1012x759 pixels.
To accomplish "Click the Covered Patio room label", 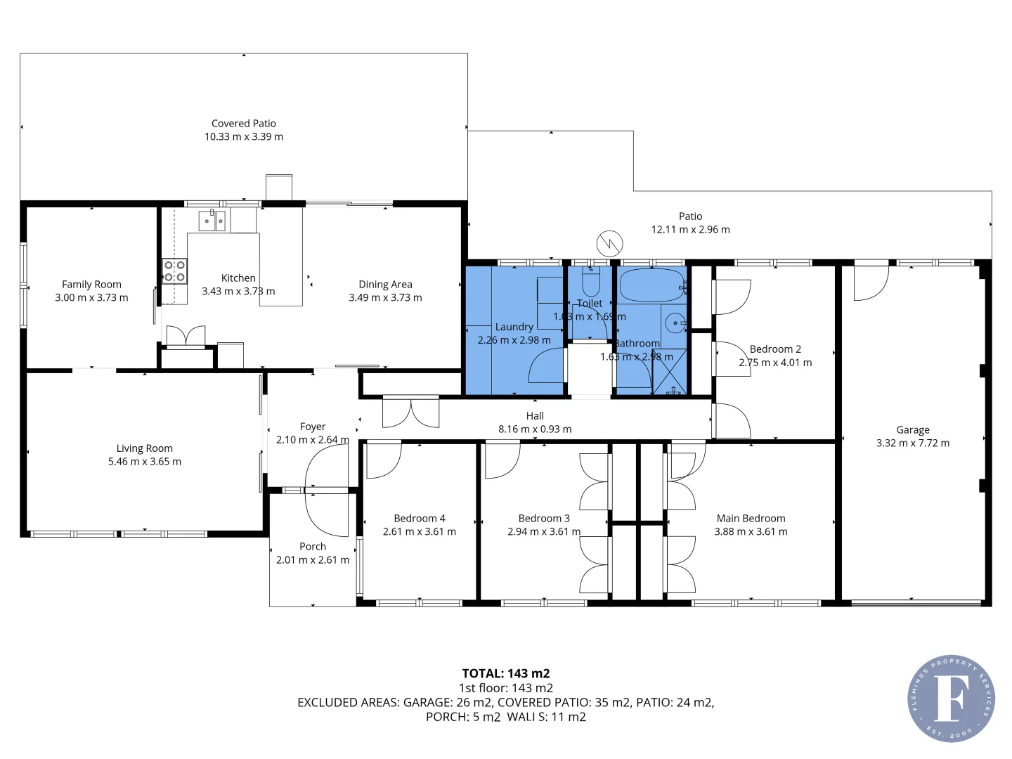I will click(x=244, y=124).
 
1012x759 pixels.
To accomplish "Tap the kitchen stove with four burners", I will click(x=174, y=271).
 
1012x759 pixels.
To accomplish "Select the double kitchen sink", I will click(x=211, y=221).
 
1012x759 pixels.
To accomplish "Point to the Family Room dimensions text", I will click(x=91, y=298).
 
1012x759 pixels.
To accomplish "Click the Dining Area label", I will click(x=385, y=285).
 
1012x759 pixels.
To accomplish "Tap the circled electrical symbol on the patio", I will click(x=609, y=243).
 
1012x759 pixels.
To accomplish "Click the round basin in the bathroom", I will click(x=675, y=323).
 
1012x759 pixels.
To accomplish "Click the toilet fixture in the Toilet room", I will click(x=591, y=283).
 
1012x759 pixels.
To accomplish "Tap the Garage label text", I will click(x=913, y=430).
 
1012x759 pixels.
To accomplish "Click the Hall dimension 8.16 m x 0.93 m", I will click(x=535, y=429).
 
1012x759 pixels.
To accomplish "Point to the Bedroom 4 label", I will click(x=420, y=519).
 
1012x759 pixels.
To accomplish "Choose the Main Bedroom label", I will click(x=751, y=519).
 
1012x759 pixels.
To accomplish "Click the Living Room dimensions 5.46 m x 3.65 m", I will click(x=145, y=462).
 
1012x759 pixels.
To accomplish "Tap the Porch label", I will click(x=313, y=547).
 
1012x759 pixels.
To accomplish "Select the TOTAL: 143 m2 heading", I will click(x=506, y=673).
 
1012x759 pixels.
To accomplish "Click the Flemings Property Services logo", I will click(x=951, y=699).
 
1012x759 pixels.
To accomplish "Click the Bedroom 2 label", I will click(x=775, y=349).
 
